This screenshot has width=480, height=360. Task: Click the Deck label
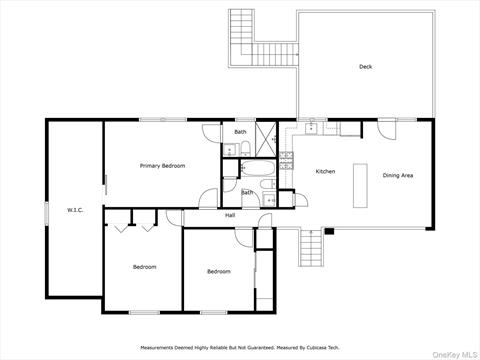(x=365, y=67)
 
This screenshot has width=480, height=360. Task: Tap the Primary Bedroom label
(x=162, y=166)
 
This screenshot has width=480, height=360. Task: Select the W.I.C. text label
(x=75, y=210)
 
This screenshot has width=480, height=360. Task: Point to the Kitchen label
(x=325, y=171)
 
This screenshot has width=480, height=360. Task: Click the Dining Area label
(x=398, y=175)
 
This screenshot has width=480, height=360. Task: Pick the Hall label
(x=230, y=215)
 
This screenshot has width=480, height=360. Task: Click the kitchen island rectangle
(x=360, y=186)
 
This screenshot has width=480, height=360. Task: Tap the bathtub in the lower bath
(x=258, y=168)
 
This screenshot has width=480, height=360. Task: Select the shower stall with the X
(x=266, y=139)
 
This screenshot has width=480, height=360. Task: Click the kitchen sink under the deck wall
(x=311, y=128)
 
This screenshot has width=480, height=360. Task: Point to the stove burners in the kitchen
(x=286, y=161)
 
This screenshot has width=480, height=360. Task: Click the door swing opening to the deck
(x=387, y=129)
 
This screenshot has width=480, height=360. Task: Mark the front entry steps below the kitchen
(x=311, y=247)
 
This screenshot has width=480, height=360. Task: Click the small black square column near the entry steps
(x=329, y=231)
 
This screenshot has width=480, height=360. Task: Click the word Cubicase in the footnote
(x=318, y=348)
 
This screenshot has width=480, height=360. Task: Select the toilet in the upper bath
(x=245, y=149)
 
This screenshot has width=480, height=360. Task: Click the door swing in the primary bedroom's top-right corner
(x=211, y=133)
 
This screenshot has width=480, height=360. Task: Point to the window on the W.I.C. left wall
(x=46, y=213)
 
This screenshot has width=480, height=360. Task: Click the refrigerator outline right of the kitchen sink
(x=350, y=129)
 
